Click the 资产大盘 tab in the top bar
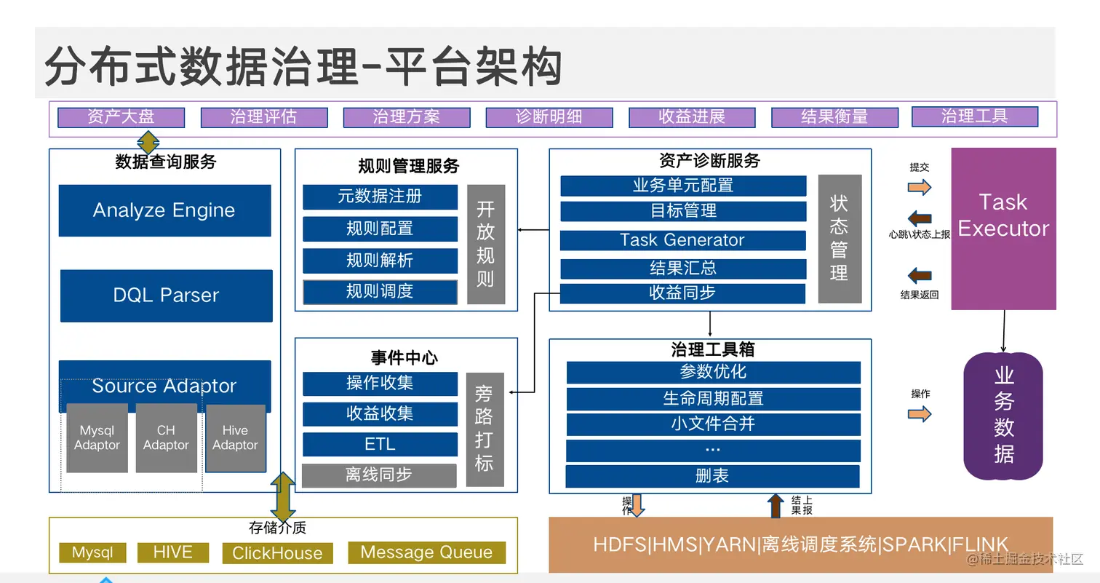[x=121, y=117]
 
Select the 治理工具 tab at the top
[x=974, y=116]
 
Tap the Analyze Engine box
[x=164, y=210]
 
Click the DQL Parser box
[x=166, y=296]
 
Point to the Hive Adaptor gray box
[x=235, y=438]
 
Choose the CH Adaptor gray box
[x=166, y=438]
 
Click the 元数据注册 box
[x=380, y=197]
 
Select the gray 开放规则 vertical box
[x=485, y=244]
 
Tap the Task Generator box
[x=682, y=240]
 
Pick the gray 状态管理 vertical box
[x=839, y=238]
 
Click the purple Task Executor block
[x=1003, y=229]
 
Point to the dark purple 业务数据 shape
[x=1003, y=416]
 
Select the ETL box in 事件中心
[x=380, y=444]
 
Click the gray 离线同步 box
[x=379, y=475]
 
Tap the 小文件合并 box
[x=713, y=424]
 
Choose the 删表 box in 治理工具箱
[x=712, y=476]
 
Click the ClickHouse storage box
[x=277, y=553]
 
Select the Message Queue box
[x=426, y=552]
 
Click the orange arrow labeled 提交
[x=920, y=187]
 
